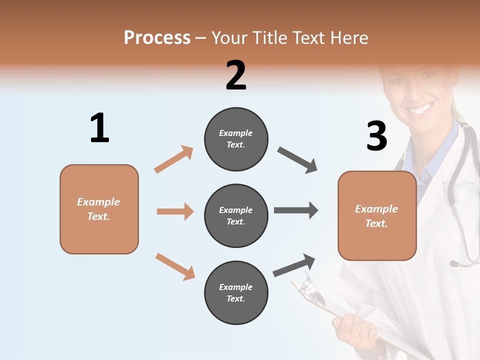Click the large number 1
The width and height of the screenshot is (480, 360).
[99, 128]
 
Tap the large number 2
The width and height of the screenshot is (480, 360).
[236, 75]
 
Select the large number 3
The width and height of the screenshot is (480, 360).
[376, 136]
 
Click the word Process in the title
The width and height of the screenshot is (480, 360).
[157, 37]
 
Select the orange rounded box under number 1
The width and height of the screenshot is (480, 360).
[99, 209]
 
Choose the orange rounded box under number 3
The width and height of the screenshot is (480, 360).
[377, 215]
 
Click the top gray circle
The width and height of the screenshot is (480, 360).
[236, 139]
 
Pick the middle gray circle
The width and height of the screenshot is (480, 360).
[236, 215]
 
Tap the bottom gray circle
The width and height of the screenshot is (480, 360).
[236, 292]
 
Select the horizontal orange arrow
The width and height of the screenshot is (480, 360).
[175, 211]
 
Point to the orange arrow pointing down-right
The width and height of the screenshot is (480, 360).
[175, 266]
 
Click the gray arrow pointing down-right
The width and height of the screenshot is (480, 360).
[297, 160]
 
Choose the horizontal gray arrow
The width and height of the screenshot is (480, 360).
[296, 210]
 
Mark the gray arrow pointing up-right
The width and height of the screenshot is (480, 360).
[294, 265]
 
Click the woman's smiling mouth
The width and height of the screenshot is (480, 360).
[421, 108]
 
